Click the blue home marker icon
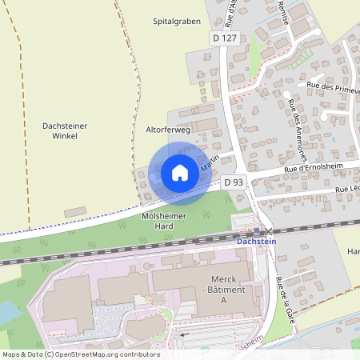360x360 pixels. point(180,172)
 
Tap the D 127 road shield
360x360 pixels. point(225,38)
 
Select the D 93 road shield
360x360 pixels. point(233,182)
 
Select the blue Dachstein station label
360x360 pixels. point(257,242)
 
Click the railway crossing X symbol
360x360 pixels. point(268,231)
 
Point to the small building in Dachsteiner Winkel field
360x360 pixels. point(74,211)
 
